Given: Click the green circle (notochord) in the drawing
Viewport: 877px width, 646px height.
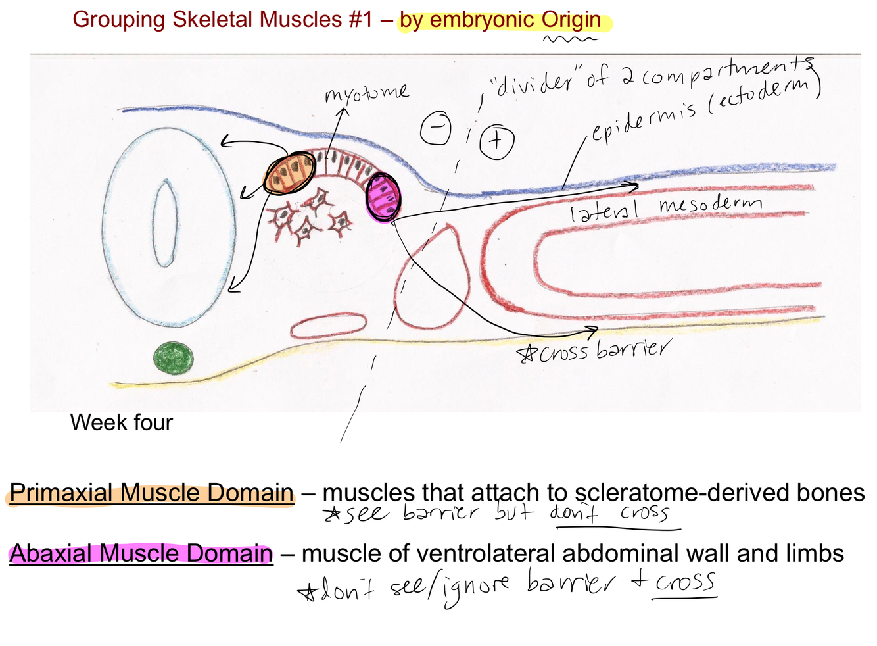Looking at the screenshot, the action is pyautogui.click(x=174, y=359).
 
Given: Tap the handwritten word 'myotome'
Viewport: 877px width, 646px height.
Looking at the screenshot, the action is pyautogui.click(x=366, y=94).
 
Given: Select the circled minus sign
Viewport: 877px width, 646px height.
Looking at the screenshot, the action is pyautogui.click(x=436, y=128).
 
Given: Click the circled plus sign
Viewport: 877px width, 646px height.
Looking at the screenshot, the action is pyautogui.click(x=497, y=141).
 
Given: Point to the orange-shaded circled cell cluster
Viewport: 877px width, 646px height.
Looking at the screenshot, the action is pyautogui.click(x=289, y=173).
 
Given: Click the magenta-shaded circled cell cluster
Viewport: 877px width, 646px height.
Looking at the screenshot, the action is pyautogui.click(x=383, y=197).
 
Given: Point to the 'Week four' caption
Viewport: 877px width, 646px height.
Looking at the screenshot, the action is pyautogui.click(x=122, y=422).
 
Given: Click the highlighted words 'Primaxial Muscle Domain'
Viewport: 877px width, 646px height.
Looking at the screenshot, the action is pyautogui.click(x=151, y=493).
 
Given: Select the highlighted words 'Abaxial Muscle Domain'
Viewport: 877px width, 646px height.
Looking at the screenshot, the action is pyautogui.click(x=141, y=554).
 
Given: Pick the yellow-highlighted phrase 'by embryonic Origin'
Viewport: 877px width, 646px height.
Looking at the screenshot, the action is pyautogui.click(x=500, y=20).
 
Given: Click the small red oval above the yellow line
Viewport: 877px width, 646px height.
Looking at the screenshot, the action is pyautogui.click(x=328, y=326).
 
